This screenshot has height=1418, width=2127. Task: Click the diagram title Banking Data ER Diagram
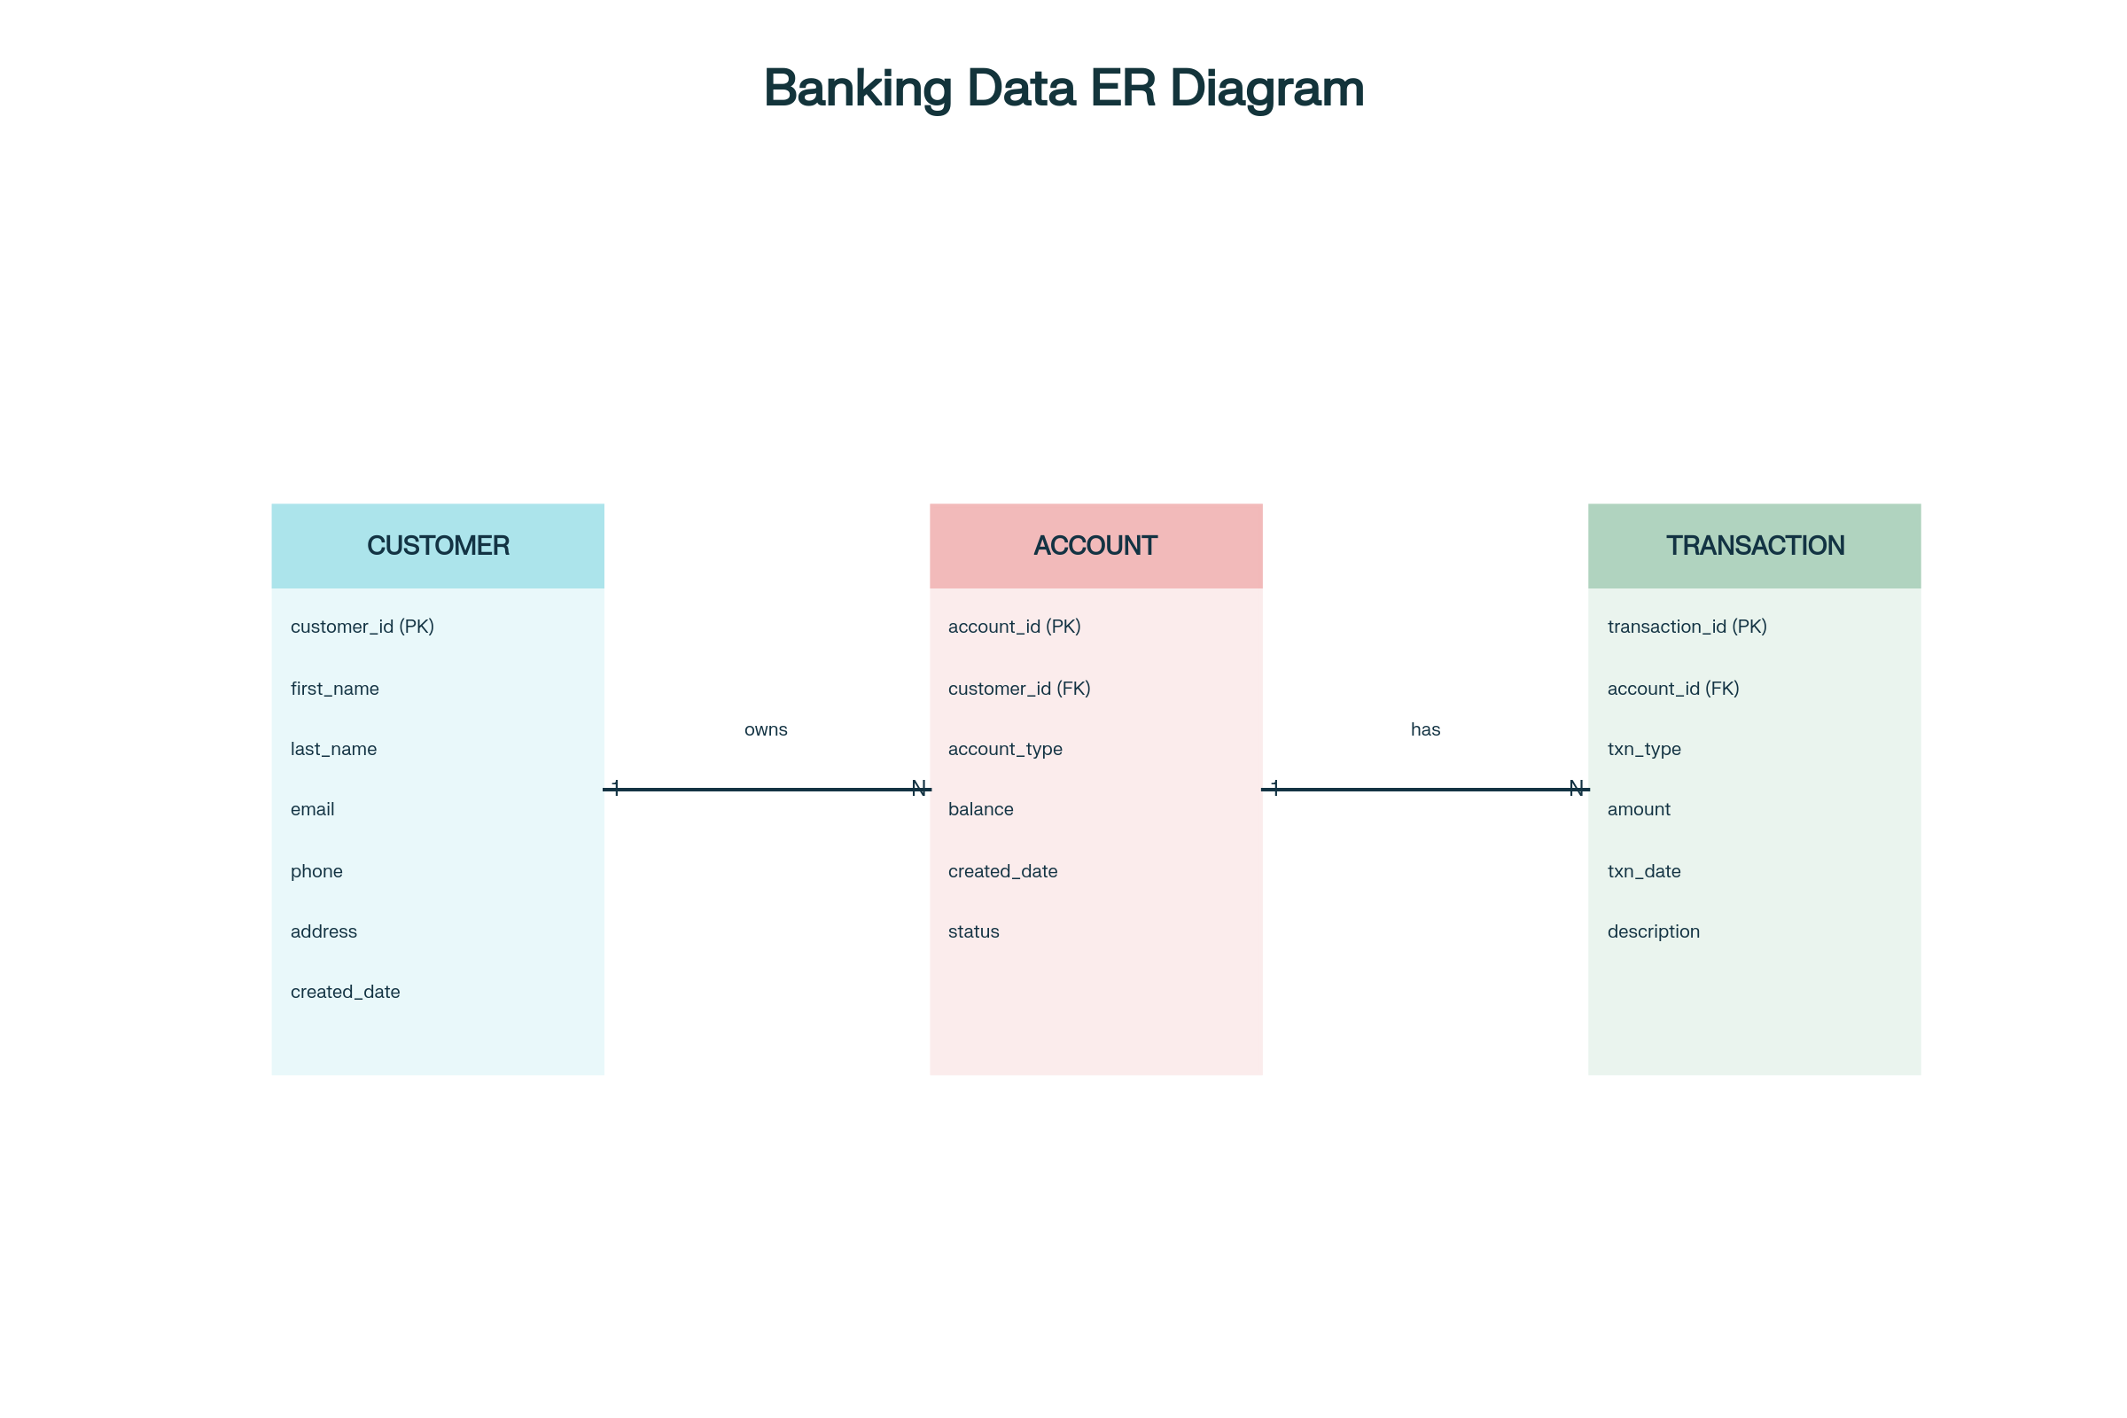[x=1063, y=89]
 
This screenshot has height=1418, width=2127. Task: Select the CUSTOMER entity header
[x=438, y=545]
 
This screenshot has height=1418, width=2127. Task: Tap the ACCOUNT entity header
[x=1095, y=545]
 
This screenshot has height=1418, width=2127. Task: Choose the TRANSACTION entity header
[x=1755, y=545]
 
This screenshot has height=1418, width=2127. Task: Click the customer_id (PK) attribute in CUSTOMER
[x=362, y=627]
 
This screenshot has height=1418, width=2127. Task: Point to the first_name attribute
[x=335, y=690]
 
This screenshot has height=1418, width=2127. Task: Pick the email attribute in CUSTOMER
[x=312, y=809]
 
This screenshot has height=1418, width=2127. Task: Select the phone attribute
[x=316, y=872]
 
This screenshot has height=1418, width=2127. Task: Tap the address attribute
[x=323, y=931]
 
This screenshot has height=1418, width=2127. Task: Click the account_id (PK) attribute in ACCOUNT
[x=1014, y=627]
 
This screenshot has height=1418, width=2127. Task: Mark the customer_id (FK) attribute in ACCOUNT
[x=1019, y=690]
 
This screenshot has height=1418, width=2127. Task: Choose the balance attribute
[x=980, y=809]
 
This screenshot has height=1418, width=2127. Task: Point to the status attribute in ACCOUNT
[x=973, y=931]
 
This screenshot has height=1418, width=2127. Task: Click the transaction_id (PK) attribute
[x=1687, y=627]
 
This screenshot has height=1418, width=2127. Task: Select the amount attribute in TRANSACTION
[x=1638, y=809]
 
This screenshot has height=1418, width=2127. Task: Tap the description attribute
[x=1653, y=931]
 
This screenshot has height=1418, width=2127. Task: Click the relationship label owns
[x=765, y=729]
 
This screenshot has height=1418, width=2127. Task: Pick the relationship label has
[x=1425, y=729]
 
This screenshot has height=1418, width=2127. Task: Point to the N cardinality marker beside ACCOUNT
[x=919, y=788]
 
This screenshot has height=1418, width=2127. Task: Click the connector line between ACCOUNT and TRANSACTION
[x=1425, y=790]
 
